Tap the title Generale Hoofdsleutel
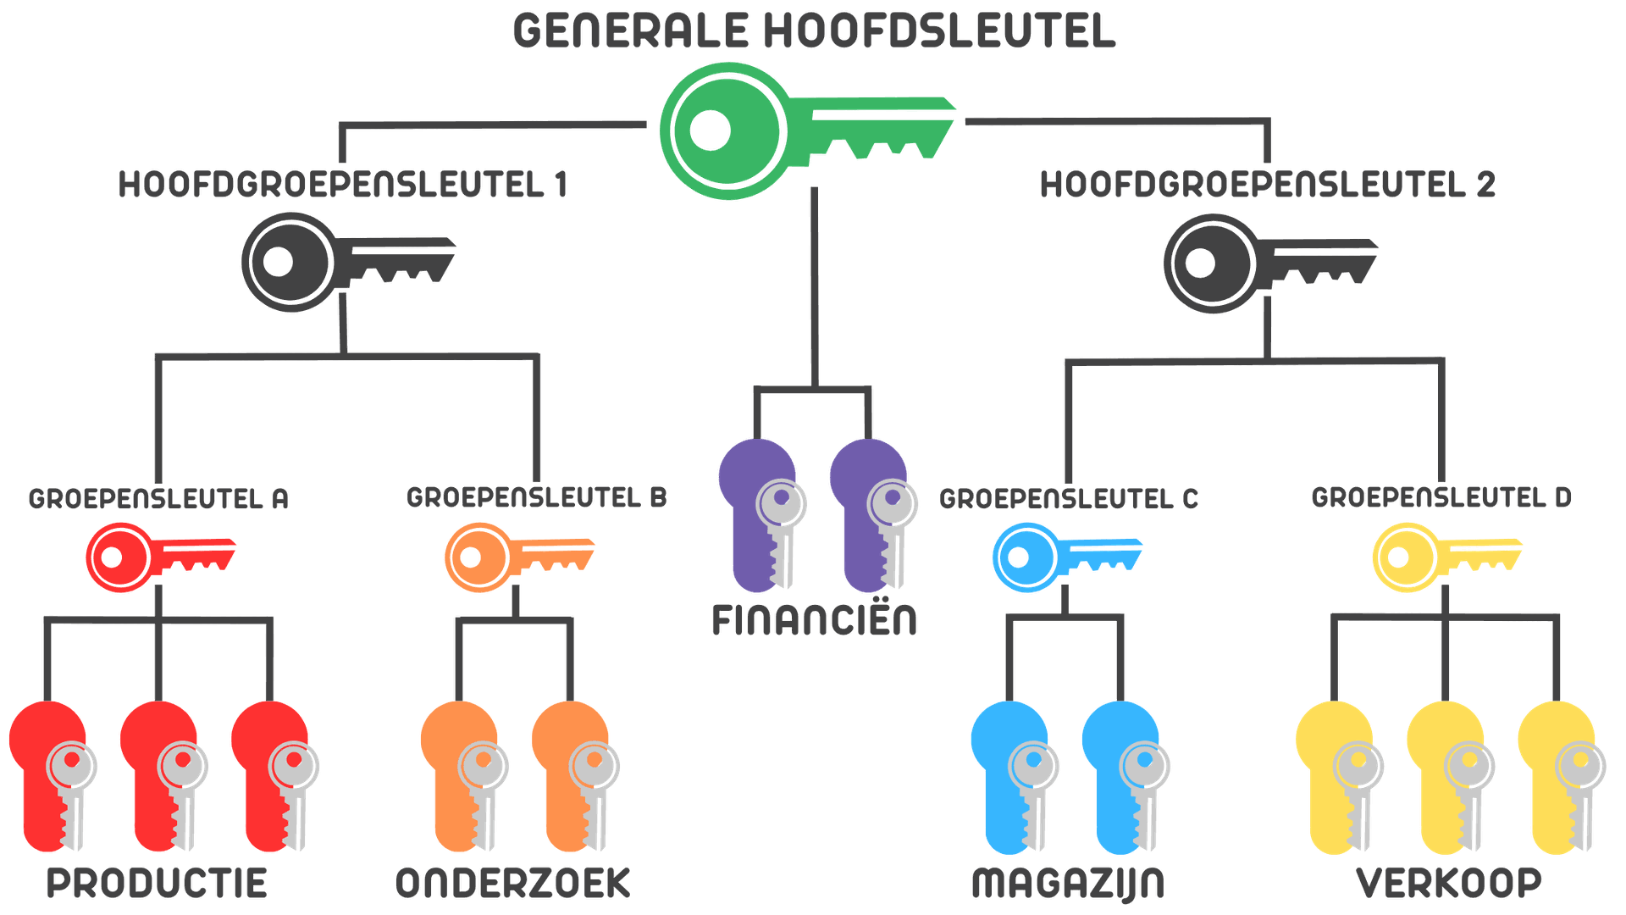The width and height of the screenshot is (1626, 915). click(813, 30)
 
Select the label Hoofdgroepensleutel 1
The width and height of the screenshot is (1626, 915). click(342, 185)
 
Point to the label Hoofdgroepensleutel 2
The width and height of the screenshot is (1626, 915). click(1267, 185)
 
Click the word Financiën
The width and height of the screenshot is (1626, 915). click(814, 619)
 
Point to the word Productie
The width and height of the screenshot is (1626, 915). click(157, 883)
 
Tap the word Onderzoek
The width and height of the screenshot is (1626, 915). click(512, 883)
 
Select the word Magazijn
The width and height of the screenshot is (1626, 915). click(1067, 883)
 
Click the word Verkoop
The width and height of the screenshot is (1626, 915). click(1448, 883)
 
